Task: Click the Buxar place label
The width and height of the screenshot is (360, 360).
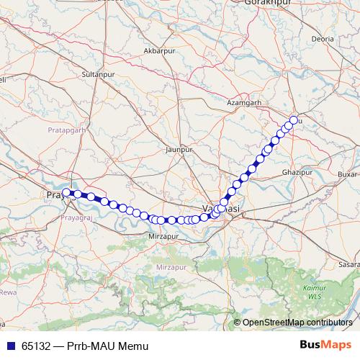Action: point(348,174)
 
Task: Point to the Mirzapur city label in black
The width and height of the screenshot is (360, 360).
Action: point(162,236)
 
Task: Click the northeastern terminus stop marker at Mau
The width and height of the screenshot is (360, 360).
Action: point(294,120)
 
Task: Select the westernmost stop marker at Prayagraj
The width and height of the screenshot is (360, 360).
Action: point(66,193)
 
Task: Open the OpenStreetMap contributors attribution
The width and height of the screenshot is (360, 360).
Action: point(297,323)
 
